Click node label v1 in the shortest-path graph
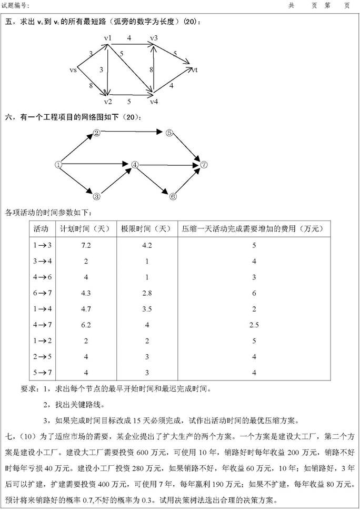108,38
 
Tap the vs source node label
73,69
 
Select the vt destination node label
195,69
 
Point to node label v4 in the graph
154,102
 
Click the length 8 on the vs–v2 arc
91,86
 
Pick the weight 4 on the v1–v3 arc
129,38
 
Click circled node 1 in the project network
58,165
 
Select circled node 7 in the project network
204,165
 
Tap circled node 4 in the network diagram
135,165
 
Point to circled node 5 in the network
169,133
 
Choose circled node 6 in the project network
173,197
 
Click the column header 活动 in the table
41,229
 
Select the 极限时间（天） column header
146,229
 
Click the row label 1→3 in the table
43,245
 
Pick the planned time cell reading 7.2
86,245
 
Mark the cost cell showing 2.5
254,325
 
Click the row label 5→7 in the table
43,373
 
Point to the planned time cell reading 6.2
86,325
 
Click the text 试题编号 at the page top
16,5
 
